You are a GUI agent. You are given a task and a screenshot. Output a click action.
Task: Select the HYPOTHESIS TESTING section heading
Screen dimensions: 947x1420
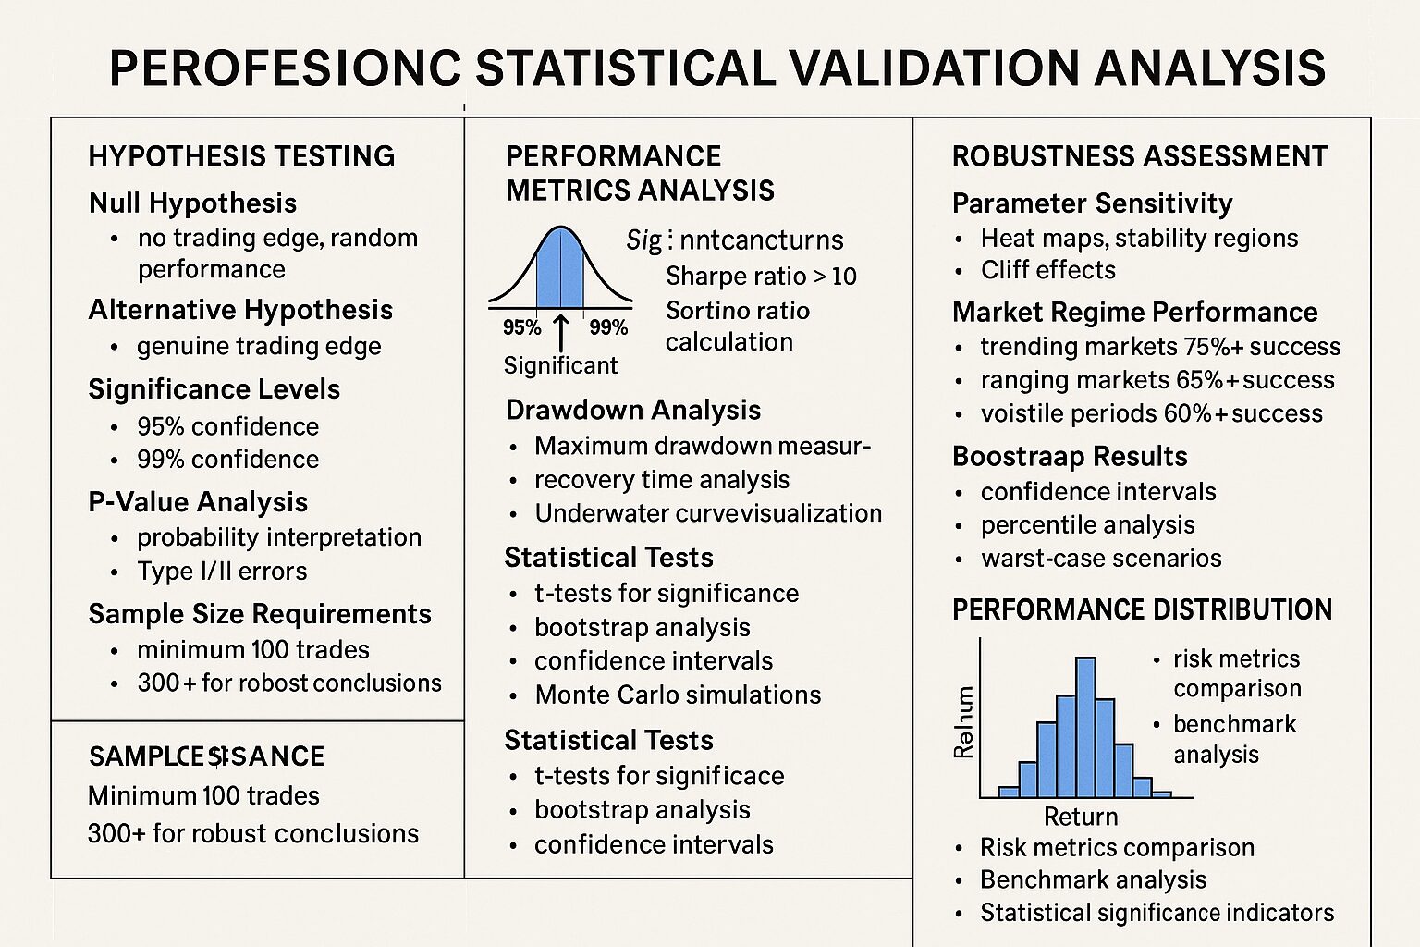[241, 155]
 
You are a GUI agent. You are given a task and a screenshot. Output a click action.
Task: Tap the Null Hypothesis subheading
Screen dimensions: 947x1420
[192, 203]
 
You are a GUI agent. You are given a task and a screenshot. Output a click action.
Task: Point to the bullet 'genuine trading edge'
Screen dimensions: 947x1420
[259, 346]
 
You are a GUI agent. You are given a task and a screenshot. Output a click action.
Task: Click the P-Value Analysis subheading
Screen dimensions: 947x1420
[198, 502]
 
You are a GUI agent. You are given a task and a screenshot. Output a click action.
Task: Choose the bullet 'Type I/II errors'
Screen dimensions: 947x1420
[222, 572]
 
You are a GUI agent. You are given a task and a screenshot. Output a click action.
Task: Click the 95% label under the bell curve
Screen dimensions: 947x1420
[521, 327]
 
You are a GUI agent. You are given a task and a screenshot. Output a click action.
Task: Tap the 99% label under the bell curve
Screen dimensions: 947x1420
[607, 327]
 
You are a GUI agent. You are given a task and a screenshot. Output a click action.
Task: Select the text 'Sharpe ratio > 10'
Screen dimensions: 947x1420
[761, 277]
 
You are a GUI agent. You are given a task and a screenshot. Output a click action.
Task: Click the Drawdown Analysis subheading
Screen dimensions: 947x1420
[632, 410]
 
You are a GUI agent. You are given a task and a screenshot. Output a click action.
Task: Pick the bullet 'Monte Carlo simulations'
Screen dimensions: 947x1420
[678, 695]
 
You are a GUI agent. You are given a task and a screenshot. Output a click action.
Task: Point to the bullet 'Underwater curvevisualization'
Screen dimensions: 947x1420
[708, 513]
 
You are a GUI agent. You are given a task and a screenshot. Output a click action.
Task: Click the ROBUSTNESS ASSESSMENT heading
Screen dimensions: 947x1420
[1139, 156]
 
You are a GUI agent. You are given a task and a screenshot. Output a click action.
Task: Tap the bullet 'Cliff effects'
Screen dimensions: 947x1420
[1047, 270]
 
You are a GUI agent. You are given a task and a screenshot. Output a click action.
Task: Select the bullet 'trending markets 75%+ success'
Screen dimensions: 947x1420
[1160, 347]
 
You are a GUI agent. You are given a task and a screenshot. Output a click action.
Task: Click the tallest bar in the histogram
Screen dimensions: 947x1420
[1085, 727]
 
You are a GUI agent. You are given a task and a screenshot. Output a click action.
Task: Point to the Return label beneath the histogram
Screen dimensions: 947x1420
[1081, 817]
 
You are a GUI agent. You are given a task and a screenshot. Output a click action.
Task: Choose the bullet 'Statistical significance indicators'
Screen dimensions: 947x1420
[1157, 913]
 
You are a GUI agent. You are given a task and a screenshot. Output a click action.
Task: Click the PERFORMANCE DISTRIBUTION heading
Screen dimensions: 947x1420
[1142, 610]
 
